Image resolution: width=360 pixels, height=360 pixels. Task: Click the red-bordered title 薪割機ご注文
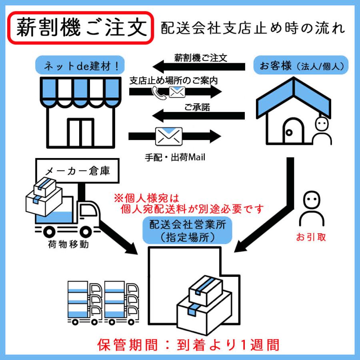point(81,28)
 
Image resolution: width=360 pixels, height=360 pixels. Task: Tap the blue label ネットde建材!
point(78,66)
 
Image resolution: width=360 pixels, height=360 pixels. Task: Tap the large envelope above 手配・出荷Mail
point(168,136)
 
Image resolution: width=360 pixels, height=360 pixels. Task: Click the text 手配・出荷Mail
point(175,158)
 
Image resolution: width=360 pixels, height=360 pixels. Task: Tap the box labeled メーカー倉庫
point(78,171)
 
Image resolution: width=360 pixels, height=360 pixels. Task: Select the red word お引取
point(311,237)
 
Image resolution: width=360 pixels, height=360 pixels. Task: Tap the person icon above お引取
point(311,209)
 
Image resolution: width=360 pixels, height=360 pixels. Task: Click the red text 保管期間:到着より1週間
point(188,344)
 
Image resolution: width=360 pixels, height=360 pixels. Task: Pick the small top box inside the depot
point(206,290)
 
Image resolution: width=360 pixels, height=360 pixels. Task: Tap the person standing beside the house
point(322,131)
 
